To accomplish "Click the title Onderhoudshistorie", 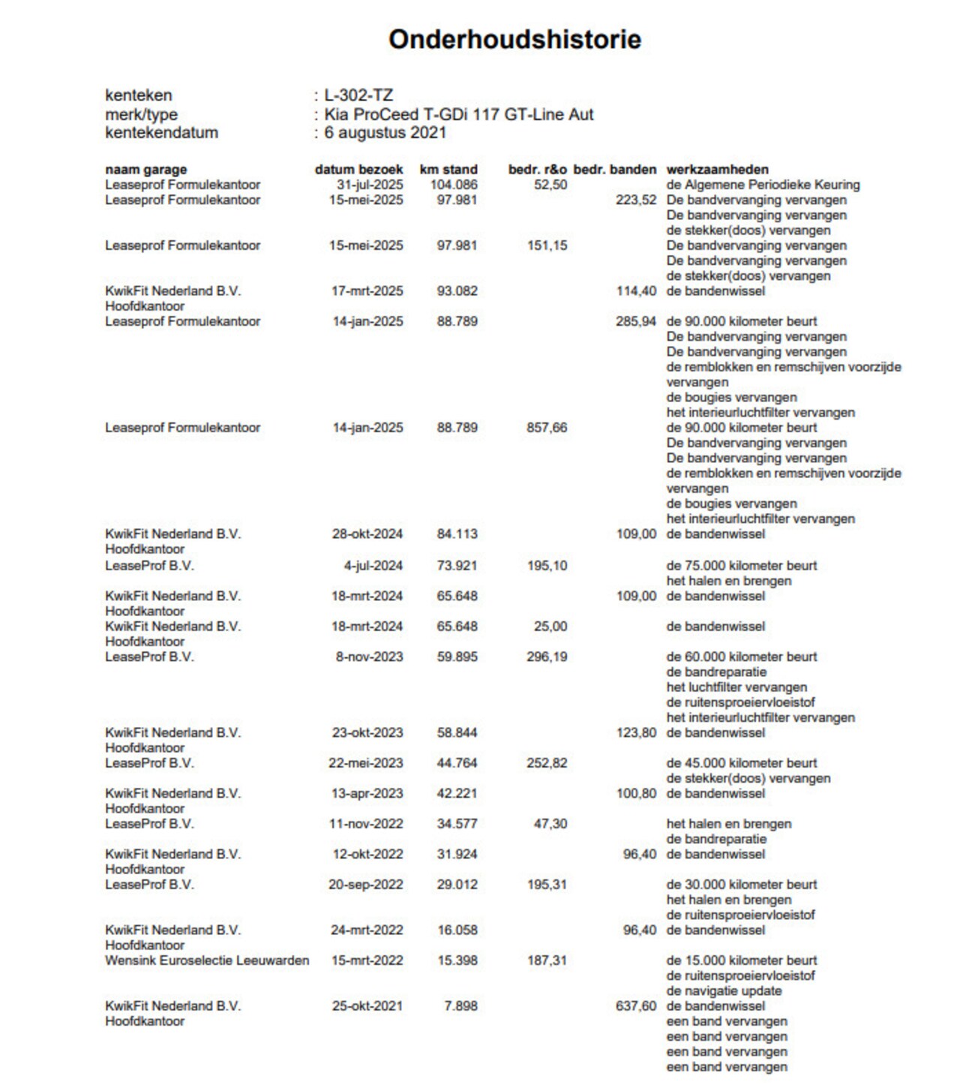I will tap(514, 39).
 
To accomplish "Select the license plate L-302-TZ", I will tap(358, 95).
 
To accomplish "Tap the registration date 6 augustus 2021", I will tap(385, 133).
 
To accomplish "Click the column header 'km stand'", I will tap(448, 170).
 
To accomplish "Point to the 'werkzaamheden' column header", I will tap(717, 170).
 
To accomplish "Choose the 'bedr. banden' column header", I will tap(614, 170).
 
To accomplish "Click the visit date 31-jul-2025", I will tap(369, 185).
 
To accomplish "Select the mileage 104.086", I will tap(454, 185).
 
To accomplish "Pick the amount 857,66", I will tap(547, 428).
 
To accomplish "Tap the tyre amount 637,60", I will tap(636, 1006).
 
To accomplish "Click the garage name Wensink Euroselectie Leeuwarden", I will tap(207, 960).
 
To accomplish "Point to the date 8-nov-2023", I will tap(369, 657).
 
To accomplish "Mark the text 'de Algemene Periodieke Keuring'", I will tap(763, 185).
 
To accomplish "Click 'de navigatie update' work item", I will tap(724, 990).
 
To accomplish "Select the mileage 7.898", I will tap(460, 1006).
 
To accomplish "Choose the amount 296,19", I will tap(547, 657).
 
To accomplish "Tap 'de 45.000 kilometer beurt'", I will tap(742, 763).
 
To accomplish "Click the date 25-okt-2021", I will tap(367, 1006).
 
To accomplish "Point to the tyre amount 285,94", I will tap(636, 321).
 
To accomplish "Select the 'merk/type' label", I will tap(142, 115).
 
